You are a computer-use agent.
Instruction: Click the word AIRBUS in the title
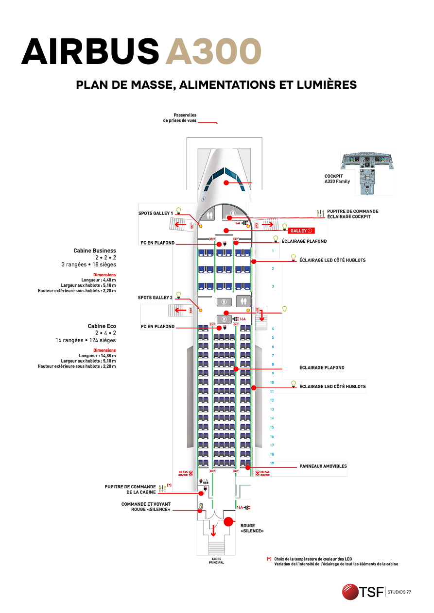[x=90, y=51]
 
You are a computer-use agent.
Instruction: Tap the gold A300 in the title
[x=213, y=51]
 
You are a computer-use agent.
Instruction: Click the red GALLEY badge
[x=302, y=231]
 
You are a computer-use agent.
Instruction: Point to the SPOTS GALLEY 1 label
[x=156, y=213]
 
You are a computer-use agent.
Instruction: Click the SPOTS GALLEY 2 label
[x=156, y=298]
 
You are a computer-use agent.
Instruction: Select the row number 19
[x=272, y=463]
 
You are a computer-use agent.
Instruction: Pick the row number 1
[x=273, y=251]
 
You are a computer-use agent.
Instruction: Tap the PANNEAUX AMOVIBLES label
[x=323, y=466]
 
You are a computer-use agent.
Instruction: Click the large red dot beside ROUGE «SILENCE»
[x=228, y=522]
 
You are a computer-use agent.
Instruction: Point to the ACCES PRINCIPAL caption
[x=217, y=561]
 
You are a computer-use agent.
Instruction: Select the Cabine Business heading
[x=95, y=251]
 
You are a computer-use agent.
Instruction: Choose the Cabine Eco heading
[x=102, y=326]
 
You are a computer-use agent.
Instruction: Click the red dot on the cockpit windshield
[x=226, y=183]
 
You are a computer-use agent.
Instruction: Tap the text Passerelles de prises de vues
[x=180, y=117]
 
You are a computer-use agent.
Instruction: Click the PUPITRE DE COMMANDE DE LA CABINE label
[x=130, y=489]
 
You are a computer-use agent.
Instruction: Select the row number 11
[x=272, y=391]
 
